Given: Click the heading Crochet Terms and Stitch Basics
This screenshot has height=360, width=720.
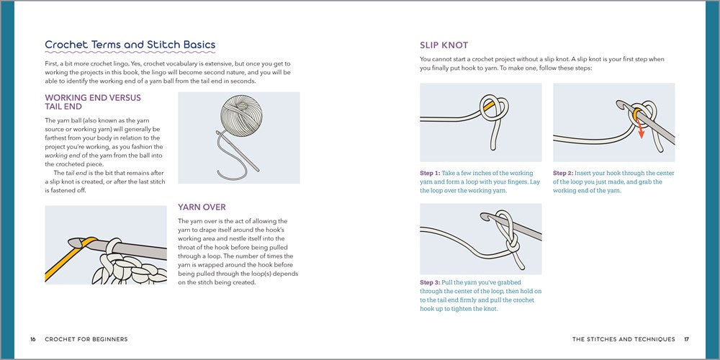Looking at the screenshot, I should (130, 45).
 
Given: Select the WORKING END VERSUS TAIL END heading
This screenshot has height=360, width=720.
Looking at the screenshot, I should (93, 102).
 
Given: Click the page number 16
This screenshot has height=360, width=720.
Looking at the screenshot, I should (33, 339).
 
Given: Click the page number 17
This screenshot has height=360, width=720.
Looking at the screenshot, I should (686, 339).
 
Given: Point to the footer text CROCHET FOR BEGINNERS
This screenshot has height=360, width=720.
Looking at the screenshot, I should (86, 339).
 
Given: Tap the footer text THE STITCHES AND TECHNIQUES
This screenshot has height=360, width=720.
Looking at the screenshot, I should (624, 339).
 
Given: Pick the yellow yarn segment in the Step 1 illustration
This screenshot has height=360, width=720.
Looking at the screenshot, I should (489, 105).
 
